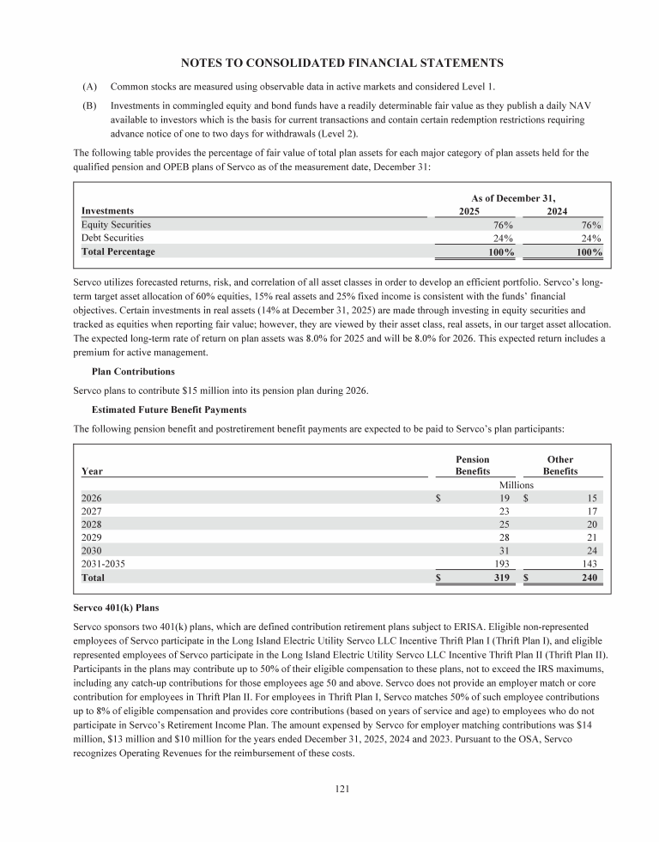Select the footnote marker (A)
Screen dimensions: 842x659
(x=90, y=88)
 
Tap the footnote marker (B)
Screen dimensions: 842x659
(x=90, y=106)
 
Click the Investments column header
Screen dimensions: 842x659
(x=108, y=210)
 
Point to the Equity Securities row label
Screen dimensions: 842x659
(x=116, y=224)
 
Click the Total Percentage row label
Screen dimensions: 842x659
(x=118, y=252)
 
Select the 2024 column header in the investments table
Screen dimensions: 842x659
(x=562, y=210)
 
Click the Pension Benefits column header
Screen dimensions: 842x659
(x=473, y=465)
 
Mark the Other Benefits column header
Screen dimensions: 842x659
(x=560, y=465)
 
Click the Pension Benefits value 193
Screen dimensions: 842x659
(x=502, y=564)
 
